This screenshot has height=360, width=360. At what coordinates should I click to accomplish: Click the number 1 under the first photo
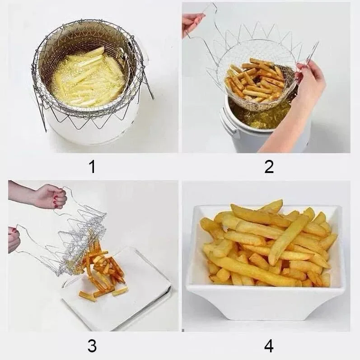(92, 167)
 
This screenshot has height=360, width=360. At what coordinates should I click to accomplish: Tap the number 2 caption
(269, 167)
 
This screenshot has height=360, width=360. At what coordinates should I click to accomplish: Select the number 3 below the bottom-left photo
(92, 346)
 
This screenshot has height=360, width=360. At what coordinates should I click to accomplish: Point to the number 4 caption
(269, 346)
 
